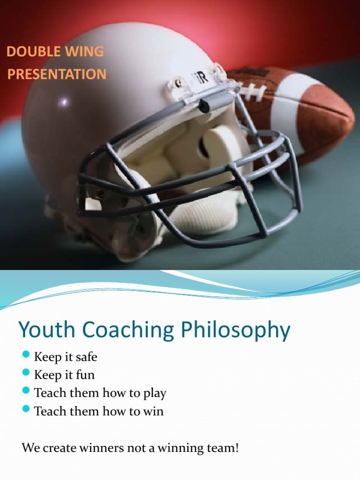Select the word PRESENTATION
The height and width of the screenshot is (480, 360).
pos(57,74)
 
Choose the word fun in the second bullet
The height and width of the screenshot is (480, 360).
pos(86,375)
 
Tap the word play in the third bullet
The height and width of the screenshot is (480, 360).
pos(154,394)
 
